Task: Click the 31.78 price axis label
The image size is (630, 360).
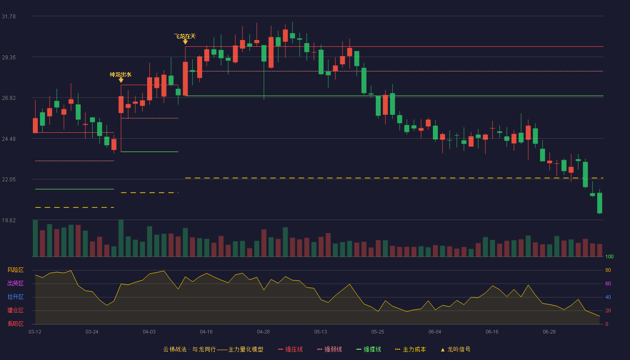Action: tap(9, 17)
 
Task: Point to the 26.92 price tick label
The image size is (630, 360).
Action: tap(9, 98)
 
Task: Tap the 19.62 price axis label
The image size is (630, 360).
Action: tap(9, 220)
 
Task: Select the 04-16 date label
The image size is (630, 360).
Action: tap(206, 332)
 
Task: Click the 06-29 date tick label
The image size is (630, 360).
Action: tap(549, 332)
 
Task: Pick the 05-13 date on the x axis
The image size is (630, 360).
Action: tap(320, 332)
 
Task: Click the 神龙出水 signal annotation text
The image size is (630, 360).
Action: tap(121, 75)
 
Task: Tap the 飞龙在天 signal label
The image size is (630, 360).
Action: tap(185, 36)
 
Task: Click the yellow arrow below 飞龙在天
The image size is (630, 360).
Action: tap(185, 42)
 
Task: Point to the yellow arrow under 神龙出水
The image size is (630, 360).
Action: tap(121, 80)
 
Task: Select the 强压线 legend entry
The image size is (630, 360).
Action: tap(290, 349)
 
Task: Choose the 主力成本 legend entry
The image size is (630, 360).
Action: tap(410, 349)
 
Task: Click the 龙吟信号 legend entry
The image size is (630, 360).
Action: tap(455, 349)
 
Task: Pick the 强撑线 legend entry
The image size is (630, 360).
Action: tap(369, 349)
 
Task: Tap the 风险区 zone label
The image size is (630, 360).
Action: tap(15, 270)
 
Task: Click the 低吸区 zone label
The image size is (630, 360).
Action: tap(15, 324)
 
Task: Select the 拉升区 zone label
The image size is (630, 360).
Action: tap(15, 297)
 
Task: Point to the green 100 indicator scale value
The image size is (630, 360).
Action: tap(609, 256)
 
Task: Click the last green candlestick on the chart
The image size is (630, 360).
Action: tap(599, 202)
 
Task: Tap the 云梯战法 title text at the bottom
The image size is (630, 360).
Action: tap(175, 349)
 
